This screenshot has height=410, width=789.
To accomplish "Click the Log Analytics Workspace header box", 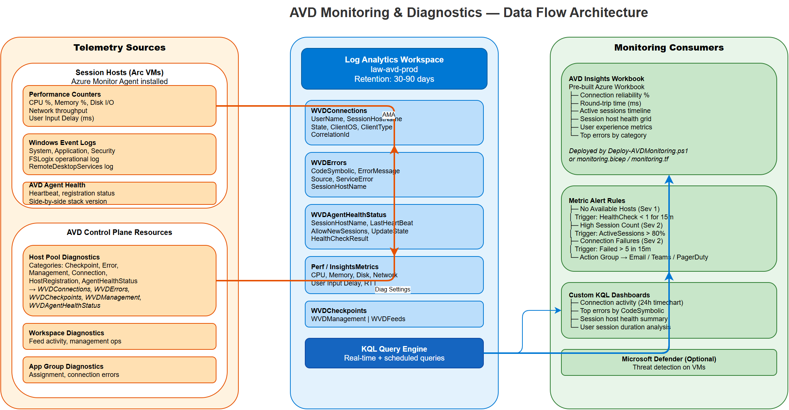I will tap(394, 69).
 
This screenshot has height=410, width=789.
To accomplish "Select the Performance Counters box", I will tap(119, 106).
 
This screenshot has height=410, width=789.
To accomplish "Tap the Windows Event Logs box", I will tap(119, 154).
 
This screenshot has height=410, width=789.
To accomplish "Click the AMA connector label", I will tap(388, 114).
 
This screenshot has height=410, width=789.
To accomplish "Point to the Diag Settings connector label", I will tap(392, 289).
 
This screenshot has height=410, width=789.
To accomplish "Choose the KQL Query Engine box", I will tap(394, 353).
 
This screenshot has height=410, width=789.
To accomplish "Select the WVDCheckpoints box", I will tap(394, 314).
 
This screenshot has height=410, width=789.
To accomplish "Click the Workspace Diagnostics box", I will tap(119, 336).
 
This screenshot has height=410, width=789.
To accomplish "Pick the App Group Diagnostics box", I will tap(119, 370).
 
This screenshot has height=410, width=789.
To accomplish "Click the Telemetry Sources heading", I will tap(119, 48).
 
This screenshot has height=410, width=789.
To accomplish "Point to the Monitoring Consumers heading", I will tap(669, 48).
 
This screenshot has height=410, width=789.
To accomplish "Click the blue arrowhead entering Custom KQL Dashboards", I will tap(558, 310).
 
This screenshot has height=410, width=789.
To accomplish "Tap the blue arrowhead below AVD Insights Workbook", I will tap(669, 180).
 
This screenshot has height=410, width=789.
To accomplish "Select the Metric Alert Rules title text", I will tap(597, 201).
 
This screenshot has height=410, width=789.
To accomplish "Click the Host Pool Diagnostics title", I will tap(64, 257).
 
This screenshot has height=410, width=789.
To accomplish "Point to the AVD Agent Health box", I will tap(119, 193).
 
